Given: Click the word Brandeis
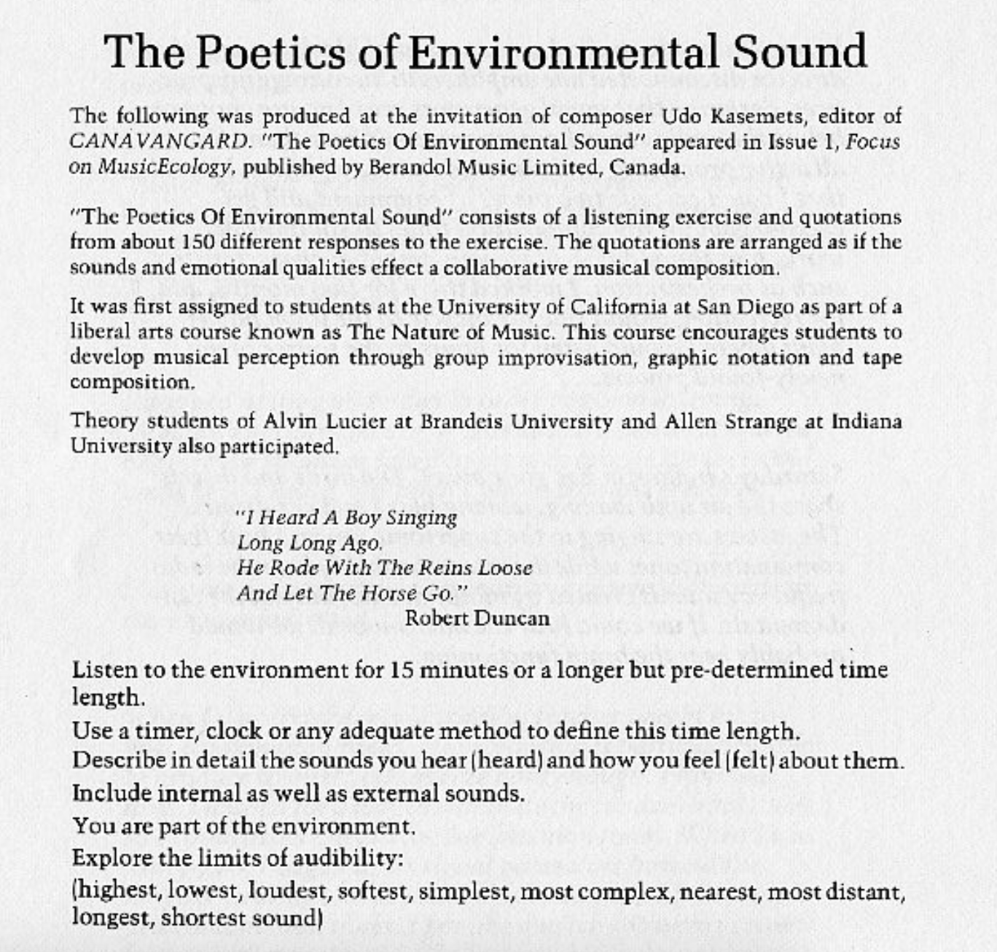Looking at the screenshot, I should (456, 421).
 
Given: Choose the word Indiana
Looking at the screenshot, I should (867, 421).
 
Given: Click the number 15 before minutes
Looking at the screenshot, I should (402, 670).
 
